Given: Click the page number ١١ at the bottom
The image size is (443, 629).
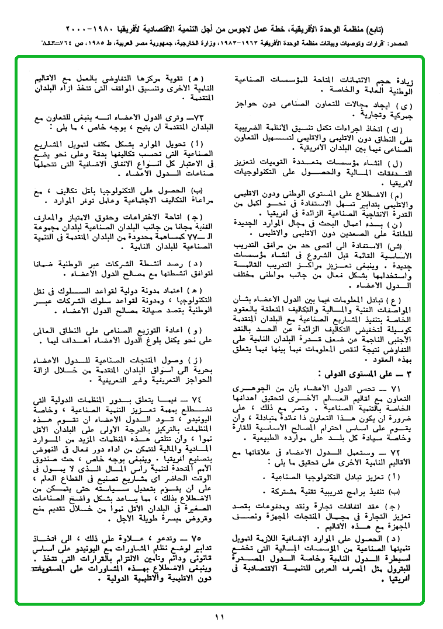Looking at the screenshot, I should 220,617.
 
